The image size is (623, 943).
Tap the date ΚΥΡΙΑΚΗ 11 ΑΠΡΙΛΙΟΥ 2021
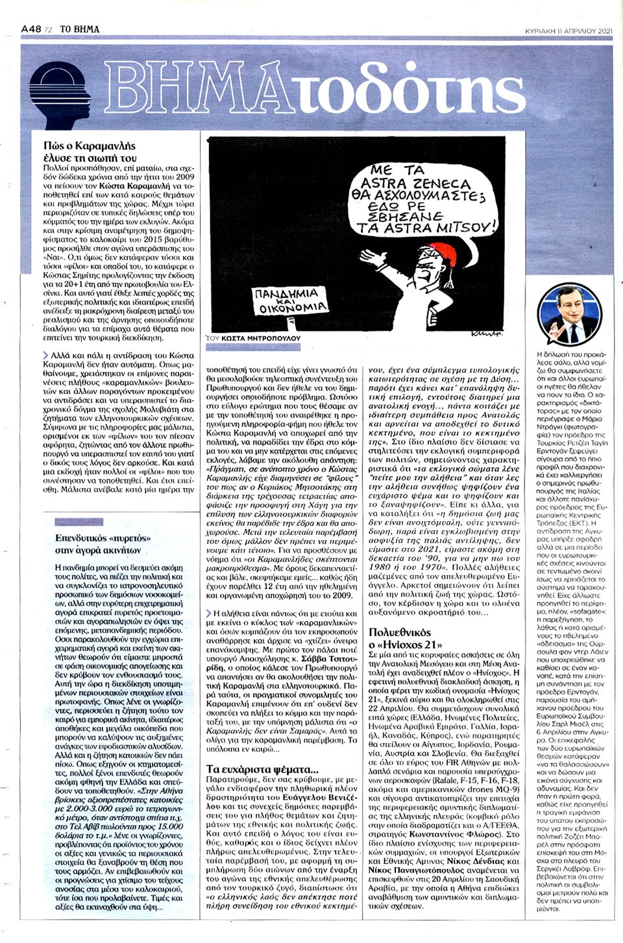(568, 12)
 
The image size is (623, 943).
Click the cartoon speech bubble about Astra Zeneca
(426, 198)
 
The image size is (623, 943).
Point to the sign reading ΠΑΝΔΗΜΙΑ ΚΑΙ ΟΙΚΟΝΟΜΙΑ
(291, 301)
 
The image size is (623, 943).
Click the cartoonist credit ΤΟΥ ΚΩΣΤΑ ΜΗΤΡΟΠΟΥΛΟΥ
(253, 339)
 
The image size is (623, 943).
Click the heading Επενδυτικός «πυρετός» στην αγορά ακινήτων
(102, 544)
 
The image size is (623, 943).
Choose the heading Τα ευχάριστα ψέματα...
(262, 769)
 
